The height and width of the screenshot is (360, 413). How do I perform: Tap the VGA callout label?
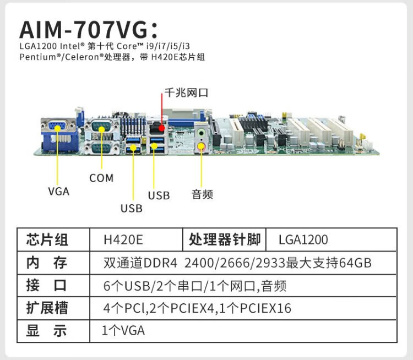pos(58,192)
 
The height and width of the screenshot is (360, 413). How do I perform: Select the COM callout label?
pos(101,178)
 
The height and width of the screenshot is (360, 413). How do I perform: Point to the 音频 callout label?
pos(202,194)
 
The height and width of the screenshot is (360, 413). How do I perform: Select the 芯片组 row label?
pos(47,240)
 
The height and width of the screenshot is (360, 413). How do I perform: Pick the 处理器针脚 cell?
pos(224,240)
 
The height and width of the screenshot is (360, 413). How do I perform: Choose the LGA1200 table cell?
pos(303,240)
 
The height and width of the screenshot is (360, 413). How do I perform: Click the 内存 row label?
pos(47,263)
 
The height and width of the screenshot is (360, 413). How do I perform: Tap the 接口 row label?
pos(47,286)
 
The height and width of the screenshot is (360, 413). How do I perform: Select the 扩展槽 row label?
pos(47,308)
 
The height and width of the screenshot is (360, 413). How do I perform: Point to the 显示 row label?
pos(47,331)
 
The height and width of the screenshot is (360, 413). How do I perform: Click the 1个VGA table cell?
pos(124,331)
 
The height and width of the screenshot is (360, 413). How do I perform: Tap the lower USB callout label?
pos(132,209)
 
